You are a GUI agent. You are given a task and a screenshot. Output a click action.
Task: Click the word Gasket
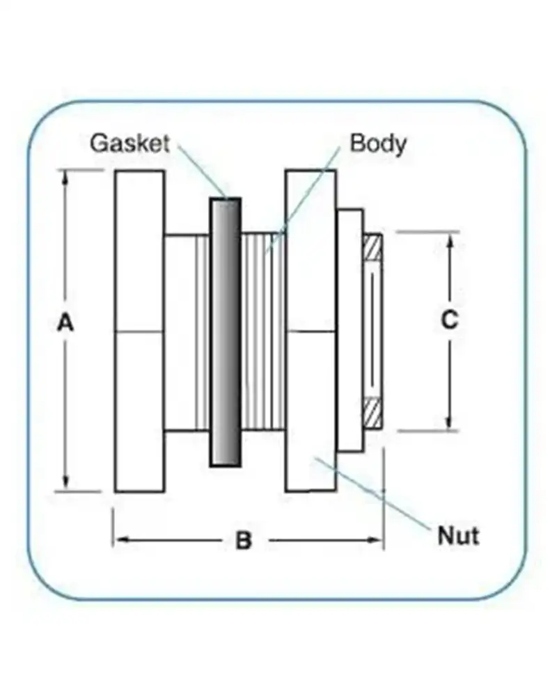(x=130, y=143)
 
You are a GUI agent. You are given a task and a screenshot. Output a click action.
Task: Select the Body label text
(x=378, y=143)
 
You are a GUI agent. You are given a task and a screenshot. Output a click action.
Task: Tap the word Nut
(x=457, y=536)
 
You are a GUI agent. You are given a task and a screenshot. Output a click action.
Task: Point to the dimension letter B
(x=243, y=540)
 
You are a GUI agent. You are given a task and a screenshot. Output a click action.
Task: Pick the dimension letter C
(x=450, y=319)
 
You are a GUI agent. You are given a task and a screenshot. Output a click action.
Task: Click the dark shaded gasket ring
(x=226, y=333)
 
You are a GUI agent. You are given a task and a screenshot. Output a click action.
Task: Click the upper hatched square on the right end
(x=373, y=246)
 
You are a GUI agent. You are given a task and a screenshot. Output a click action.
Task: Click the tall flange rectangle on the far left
(x=140, y=331)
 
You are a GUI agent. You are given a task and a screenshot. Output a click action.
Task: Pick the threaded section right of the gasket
(x=263, y=331)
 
